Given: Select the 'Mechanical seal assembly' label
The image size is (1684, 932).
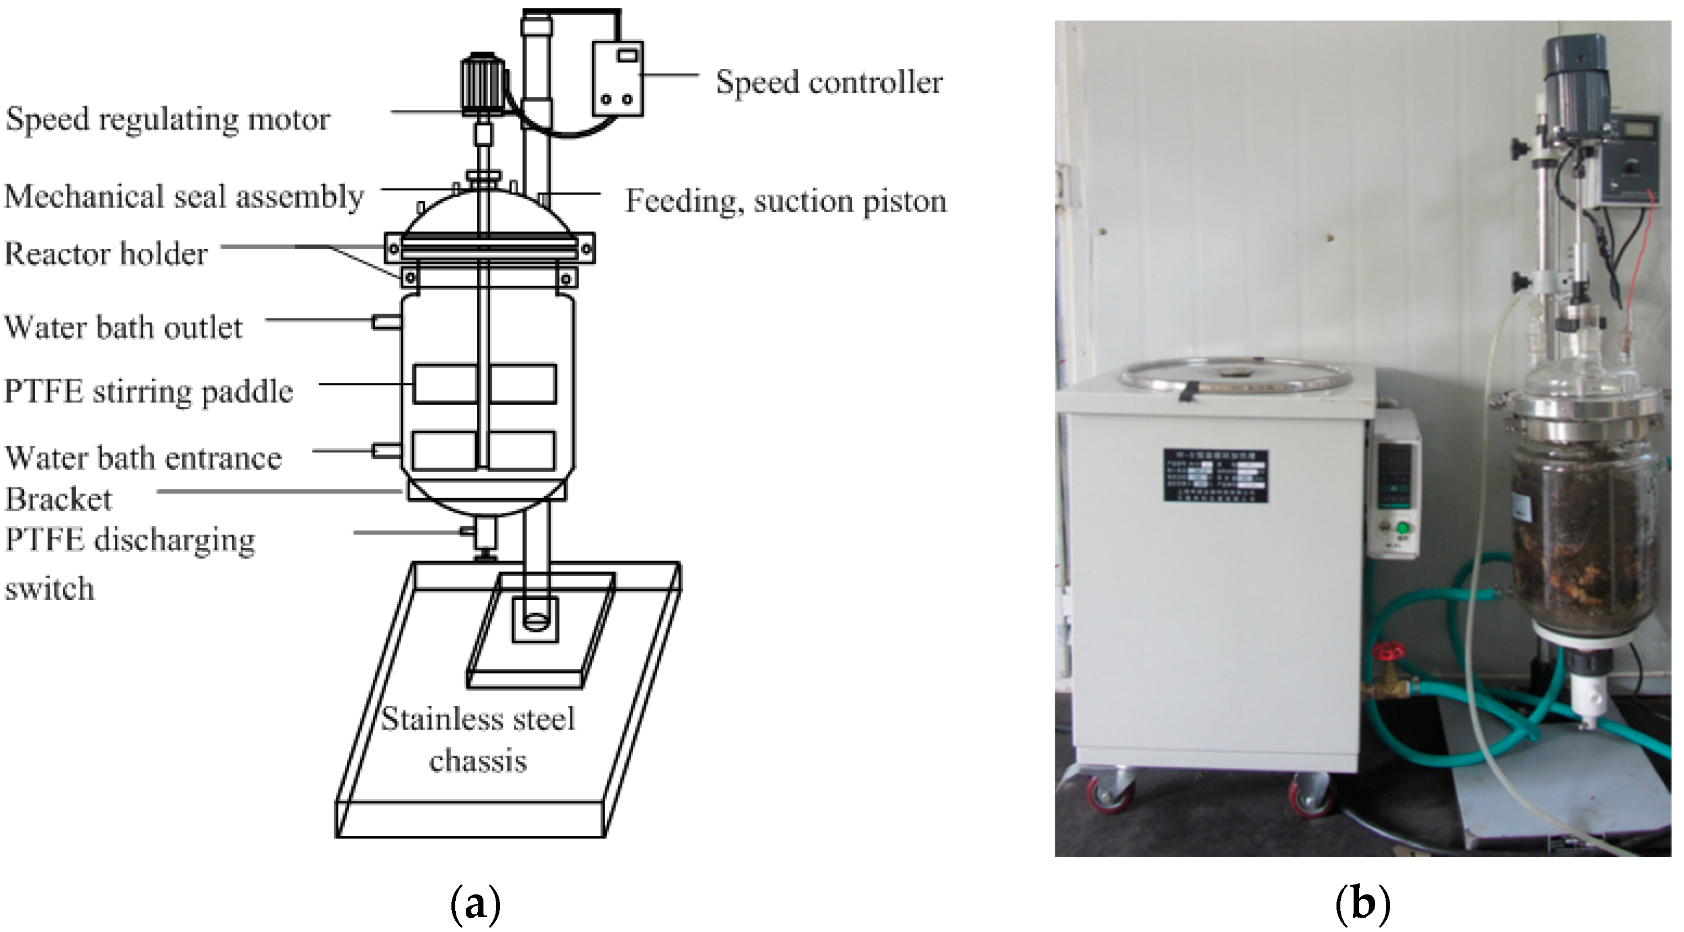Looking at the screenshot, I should [183, 197].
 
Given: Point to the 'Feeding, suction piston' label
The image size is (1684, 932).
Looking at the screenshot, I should [786, 201].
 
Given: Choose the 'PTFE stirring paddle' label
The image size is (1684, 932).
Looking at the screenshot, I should [149, 392].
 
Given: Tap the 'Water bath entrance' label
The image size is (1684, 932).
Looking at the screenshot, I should [143, 458].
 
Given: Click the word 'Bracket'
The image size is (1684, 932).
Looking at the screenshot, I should [58, 500].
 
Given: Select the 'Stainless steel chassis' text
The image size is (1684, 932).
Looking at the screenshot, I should [478, 740].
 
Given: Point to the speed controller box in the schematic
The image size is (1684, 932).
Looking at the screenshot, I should [617, 78].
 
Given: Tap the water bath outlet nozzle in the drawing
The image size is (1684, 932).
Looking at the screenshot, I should [386, 321].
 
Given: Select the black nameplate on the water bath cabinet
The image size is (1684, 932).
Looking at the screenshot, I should [1215, 475].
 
